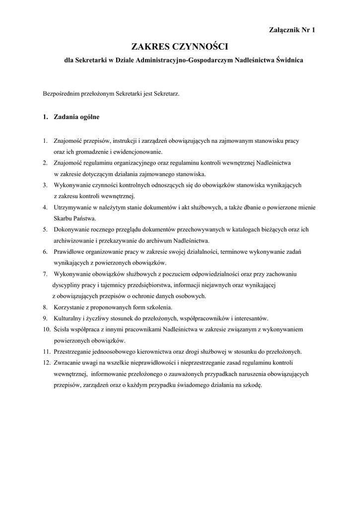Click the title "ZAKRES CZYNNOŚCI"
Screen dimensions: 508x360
[x=179, y=47]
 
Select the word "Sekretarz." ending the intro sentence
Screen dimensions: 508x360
[x=167, y=93]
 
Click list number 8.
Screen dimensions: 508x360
[x=45, y=307]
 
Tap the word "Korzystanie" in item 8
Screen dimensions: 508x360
[x=69, y=307]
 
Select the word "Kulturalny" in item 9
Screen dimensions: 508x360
[x=68, y=318]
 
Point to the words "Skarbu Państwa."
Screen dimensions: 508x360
[x=75, y=218]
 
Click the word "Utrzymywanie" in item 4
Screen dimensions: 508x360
[x=72, y=207]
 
